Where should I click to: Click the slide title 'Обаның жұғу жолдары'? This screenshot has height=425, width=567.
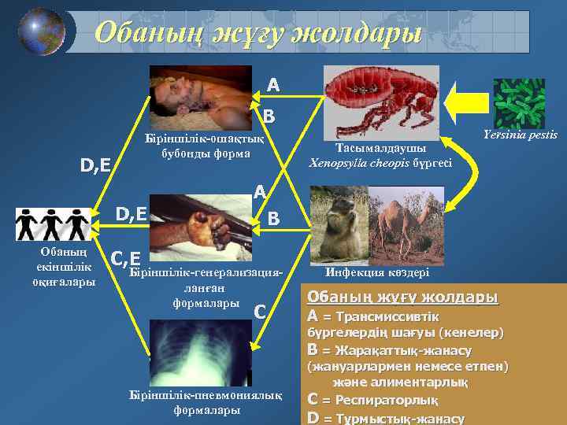[258, 32]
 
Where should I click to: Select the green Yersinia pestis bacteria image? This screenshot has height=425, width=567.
[519, 103]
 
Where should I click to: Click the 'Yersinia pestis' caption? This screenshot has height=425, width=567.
[527, 135]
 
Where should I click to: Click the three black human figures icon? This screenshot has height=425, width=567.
[52, 224]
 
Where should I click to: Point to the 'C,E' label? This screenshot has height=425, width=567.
[126, 257]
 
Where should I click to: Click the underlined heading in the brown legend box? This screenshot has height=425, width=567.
[402, 297]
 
